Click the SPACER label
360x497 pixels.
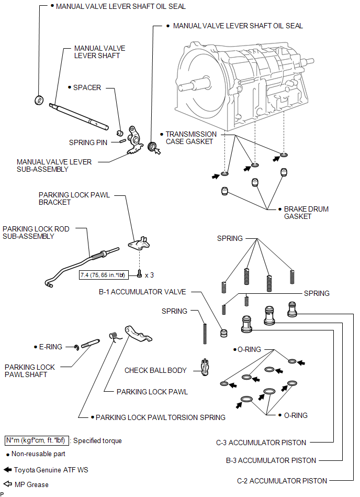pos(87,87)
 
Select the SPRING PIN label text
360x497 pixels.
pos(90,142)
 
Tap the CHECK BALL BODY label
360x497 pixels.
pos(155,370)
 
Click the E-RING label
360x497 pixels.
pos(51,346)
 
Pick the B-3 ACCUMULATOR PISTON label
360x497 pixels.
pos(271,460)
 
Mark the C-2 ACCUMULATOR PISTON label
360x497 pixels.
pos(282,480)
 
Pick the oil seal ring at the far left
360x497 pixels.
pos(39,100)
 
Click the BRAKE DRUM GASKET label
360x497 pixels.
pos(306,213)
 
